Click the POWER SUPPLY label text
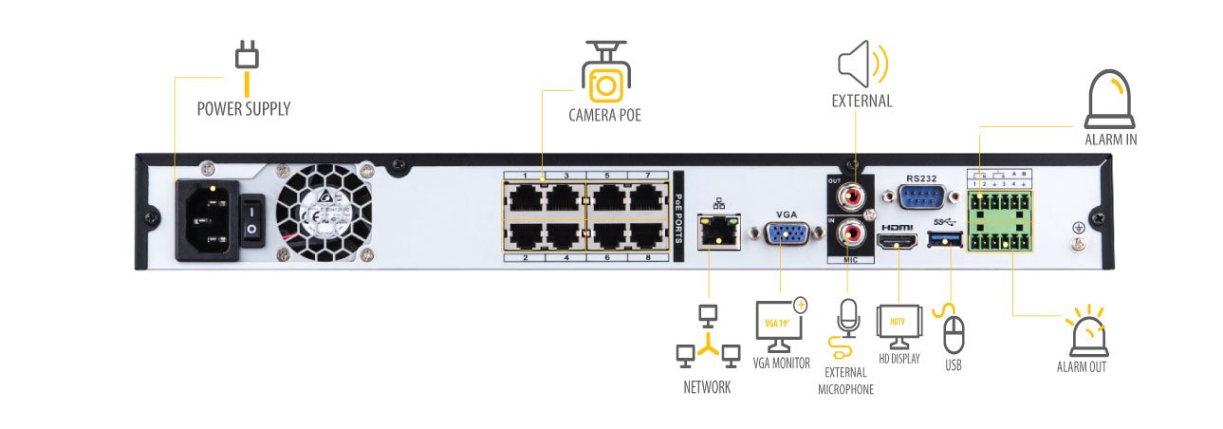point(243,109)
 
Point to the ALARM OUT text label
point(1082,366)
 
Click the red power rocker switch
point(251,220)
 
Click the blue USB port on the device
point(945,245)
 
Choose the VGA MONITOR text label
point(781,363)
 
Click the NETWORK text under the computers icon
point(707,387)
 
